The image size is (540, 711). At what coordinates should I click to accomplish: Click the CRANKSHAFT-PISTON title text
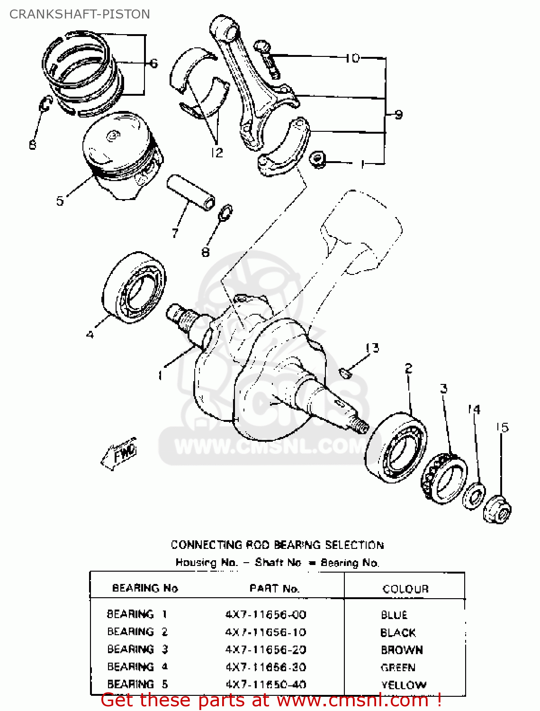[80, 14]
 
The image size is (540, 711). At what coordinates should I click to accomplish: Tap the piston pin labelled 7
[190, 193]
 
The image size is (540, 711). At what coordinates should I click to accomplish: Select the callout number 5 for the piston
[60, 201]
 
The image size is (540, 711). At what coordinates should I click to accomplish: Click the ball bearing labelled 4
[134, 288]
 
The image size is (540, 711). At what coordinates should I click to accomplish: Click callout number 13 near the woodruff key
[373, 348]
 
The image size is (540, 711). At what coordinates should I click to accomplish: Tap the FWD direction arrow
[119, 454]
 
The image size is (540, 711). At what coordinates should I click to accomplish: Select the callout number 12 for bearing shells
[216, 153]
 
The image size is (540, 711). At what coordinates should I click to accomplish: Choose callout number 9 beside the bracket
[398, 115]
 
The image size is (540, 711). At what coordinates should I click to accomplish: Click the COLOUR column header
[405, 589]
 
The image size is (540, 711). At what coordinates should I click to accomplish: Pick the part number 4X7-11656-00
[266, 615]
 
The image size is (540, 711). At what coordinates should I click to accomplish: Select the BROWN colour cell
[402, 650]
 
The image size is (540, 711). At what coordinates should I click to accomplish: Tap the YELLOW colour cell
[404, 685]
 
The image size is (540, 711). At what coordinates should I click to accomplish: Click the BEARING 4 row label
[137, 667]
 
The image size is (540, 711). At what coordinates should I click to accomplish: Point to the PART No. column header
[275, 589]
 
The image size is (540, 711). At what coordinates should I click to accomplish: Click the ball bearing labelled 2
[396, 448]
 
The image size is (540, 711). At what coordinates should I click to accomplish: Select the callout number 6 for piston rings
[153, 64]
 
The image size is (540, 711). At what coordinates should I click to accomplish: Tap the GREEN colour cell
[398, 667]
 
